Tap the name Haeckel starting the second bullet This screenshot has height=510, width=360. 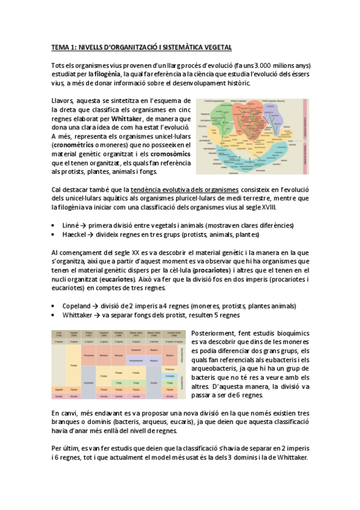(x=75, y=234)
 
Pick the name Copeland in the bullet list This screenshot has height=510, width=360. (x=78, y=305)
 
